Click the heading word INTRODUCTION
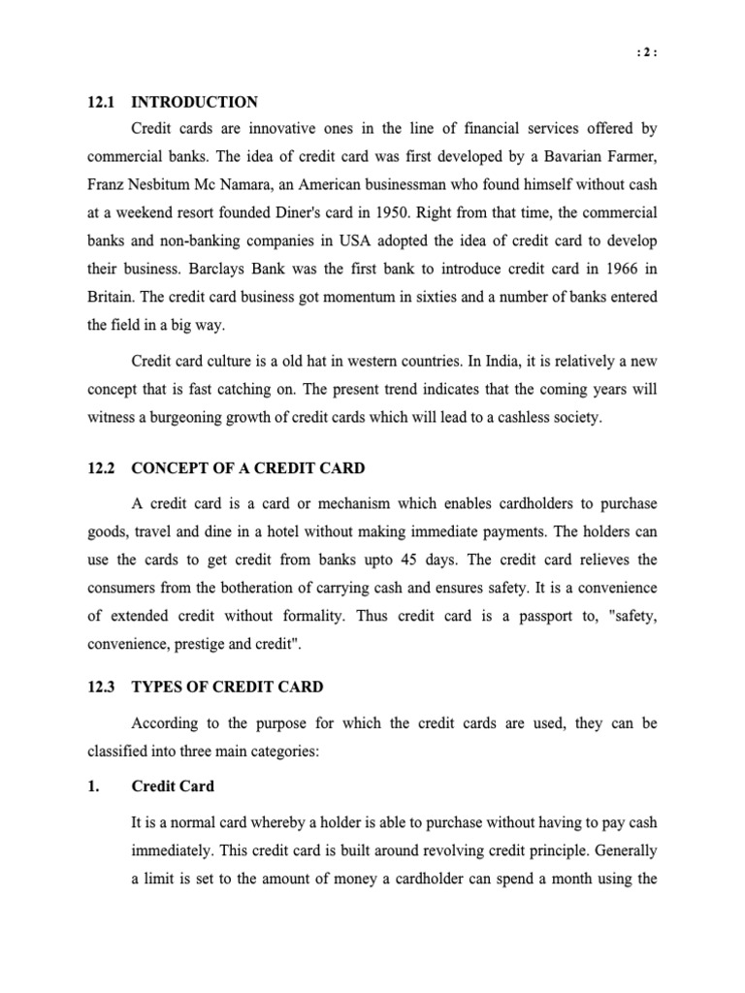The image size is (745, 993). coord(194,102)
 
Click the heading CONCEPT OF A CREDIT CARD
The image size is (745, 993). coord(247,468)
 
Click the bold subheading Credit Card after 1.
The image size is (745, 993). coord(173,785)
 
